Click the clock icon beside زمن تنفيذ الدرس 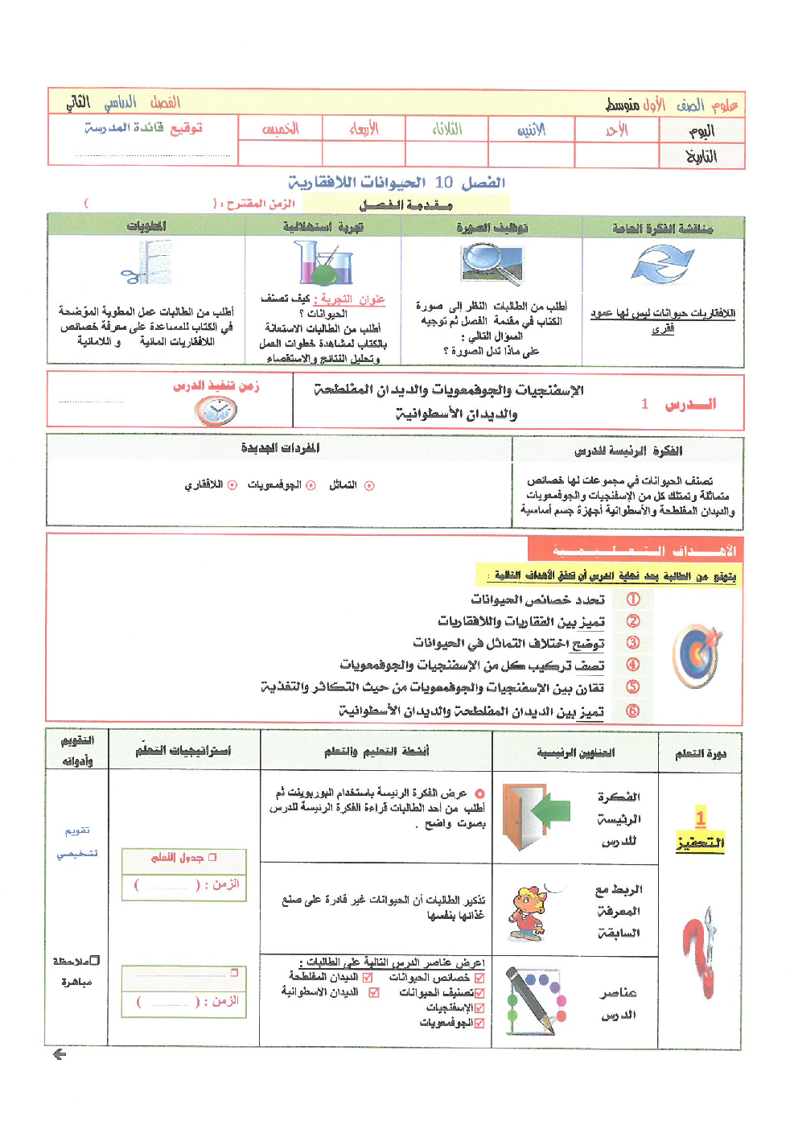[215, 411]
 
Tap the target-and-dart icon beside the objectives [697, 655]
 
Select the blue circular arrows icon [662, 265]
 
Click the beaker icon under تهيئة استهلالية [323, 263]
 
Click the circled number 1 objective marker [633, 600]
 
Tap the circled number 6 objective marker [633, 711]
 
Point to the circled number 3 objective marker [633, 643]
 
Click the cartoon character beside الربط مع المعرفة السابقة [528, 914]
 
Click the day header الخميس [280, 129]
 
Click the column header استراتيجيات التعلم [183, 751]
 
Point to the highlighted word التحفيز [700, 843]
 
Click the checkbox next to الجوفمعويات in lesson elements [479, 1023]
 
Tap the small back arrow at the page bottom [59, 1054]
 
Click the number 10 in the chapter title [444, 183]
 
